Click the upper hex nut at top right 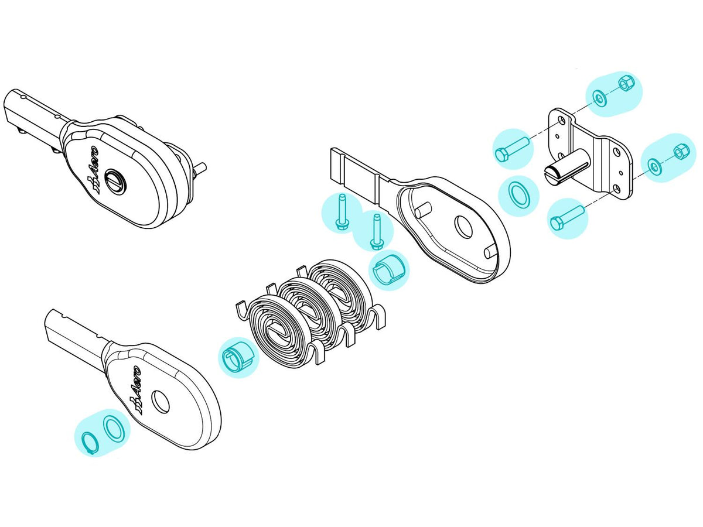[624, 84]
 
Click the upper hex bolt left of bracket [512, 149]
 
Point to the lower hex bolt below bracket [568, 218]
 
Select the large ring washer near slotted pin [519, 195]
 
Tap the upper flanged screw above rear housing [342, 211]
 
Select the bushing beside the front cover [238, 357]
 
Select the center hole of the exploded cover [160, 402]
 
